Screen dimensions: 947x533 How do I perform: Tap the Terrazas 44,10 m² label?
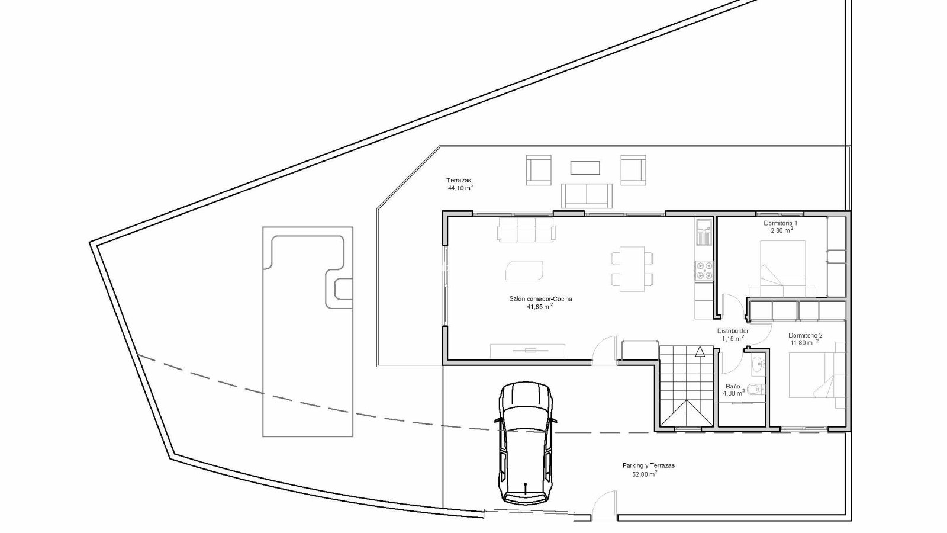[460, 184]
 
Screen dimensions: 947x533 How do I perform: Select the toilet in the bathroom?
[756, 388]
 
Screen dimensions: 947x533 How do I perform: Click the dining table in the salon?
[632, 269]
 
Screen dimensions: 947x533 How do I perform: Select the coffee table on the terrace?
[585, 168]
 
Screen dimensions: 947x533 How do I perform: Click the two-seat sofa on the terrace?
[587, 195]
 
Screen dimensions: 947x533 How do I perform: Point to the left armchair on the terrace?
[539, 169]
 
